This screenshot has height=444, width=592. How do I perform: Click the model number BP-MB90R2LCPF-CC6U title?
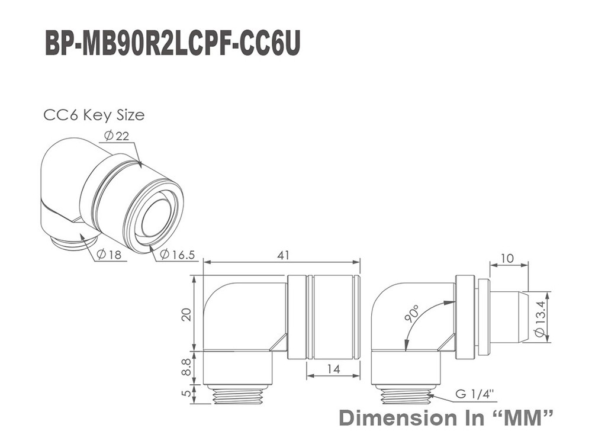coord(172,44)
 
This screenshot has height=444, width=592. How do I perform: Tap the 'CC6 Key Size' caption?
coord(94,115)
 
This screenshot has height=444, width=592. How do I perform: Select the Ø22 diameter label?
coord(117,136)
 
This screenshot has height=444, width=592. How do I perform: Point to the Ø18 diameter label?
coord(109,255)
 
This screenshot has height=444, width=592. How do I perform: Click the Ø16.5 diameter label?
coord(177,255)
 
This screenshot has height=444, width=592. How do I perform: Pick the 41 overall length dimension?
coord(283,255)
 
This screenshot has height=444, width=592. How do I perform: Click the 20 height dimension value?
coord(186,314)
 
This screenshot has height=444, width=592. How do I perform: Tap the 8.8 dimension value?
coord(186,367)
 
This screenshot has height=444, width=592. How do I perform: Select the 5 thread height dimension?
coord(186,393)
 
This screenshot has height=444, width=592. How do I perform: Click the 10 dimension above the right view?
coord(508,258)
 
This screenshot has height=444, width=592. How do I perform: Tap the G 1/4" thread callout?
coord(475,394)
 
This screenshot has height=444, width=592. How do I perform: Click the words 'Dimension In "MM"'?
coord(446,419)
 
